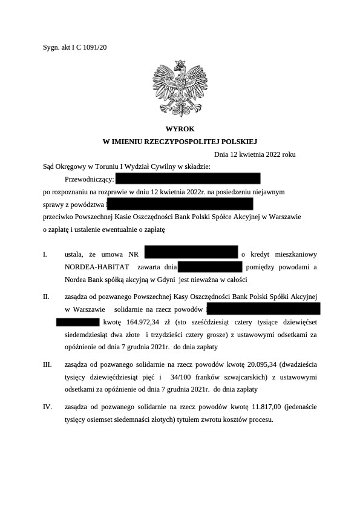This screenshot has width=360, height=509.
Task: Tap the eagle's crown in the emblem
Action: (179, 63)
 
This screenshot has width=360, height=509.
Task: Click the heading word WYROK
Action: (180, 128)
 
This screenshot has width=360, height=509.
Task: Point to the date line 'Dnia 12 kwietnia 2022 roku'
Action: (255, 154)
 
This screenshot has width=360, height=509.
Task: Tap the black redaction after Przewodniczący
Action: (188, 179)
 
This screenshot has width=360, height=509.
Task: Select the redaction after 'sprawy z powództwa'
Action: (180, 203)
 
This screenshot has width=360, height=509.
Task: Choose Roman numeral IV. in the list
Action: (47, 407)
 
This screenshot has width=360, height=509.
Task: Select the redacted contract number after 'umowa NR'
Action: (191, 253)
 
